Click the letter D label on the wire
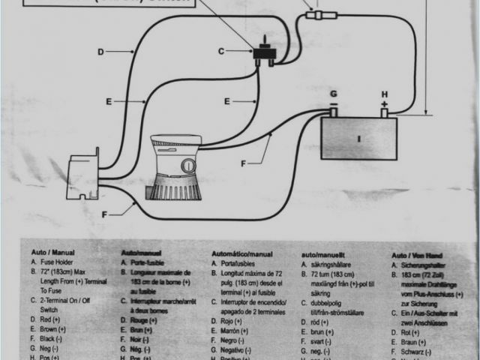[100, 52]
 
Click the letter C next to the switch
[221, 51]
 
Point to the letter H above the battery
[384, 94]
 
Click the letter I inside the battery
[359, 139]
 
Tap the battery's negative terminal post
[334, 112]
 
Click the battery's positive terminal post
[384, 112]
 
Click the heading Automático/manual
[242, 253]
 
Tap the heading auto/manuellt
[327, 254]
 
